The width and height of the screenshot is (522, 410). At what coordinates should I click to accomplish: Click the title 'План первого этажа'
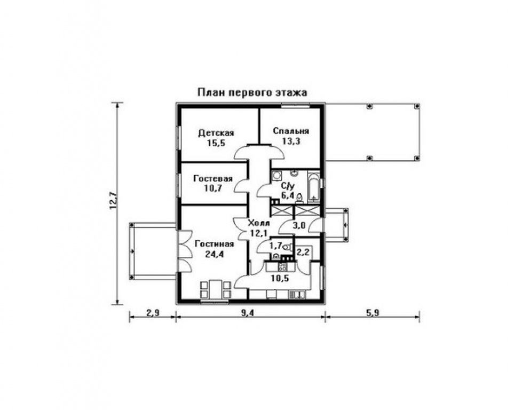click(252, 92)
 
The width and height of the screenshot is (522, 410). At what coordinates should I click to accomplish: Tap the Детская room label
click(216, 133)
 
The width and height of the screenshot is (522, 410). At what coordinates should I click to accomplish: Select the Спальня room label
click(291, 131)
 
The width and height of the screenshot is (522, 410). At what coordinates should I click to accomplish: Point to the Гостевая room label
click(213, 178)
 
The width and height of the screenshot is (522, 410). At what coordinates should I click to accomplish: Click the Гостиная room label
click(215, 244)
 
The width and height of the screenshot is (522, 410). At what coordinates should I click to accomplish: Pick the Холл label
click(259, 223)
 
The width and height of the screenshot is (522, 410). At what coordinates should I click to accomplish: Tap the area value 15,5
click(216, 144)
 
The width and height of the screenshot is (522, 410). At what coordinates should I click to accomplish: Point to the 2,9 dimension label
click(153, 313)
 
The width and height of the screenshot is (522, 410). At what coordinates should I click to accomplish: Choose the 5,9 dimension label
click(373, 313)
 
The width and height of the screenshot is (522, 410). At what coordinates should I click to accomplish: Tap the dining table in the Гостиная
click(216, 290)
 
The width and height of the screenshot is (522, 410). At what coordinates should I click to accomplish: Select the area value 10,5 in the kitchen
click(280, 278)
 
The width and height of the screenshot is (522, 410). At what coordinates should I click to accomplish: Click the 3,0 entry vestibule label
click(299, 225)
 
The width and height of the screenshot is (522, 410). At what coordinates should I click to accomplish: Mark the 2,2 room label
click(303, 252)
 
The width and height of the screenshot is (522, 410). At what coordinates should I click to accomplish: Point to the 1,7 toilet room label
click(275, 246)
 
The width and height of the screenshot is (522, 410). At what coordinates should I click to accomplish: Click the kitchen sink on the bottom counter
click(296, 295)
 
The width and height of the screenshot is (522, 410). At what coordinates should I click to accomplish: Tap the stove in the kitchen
click(283, 266)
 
